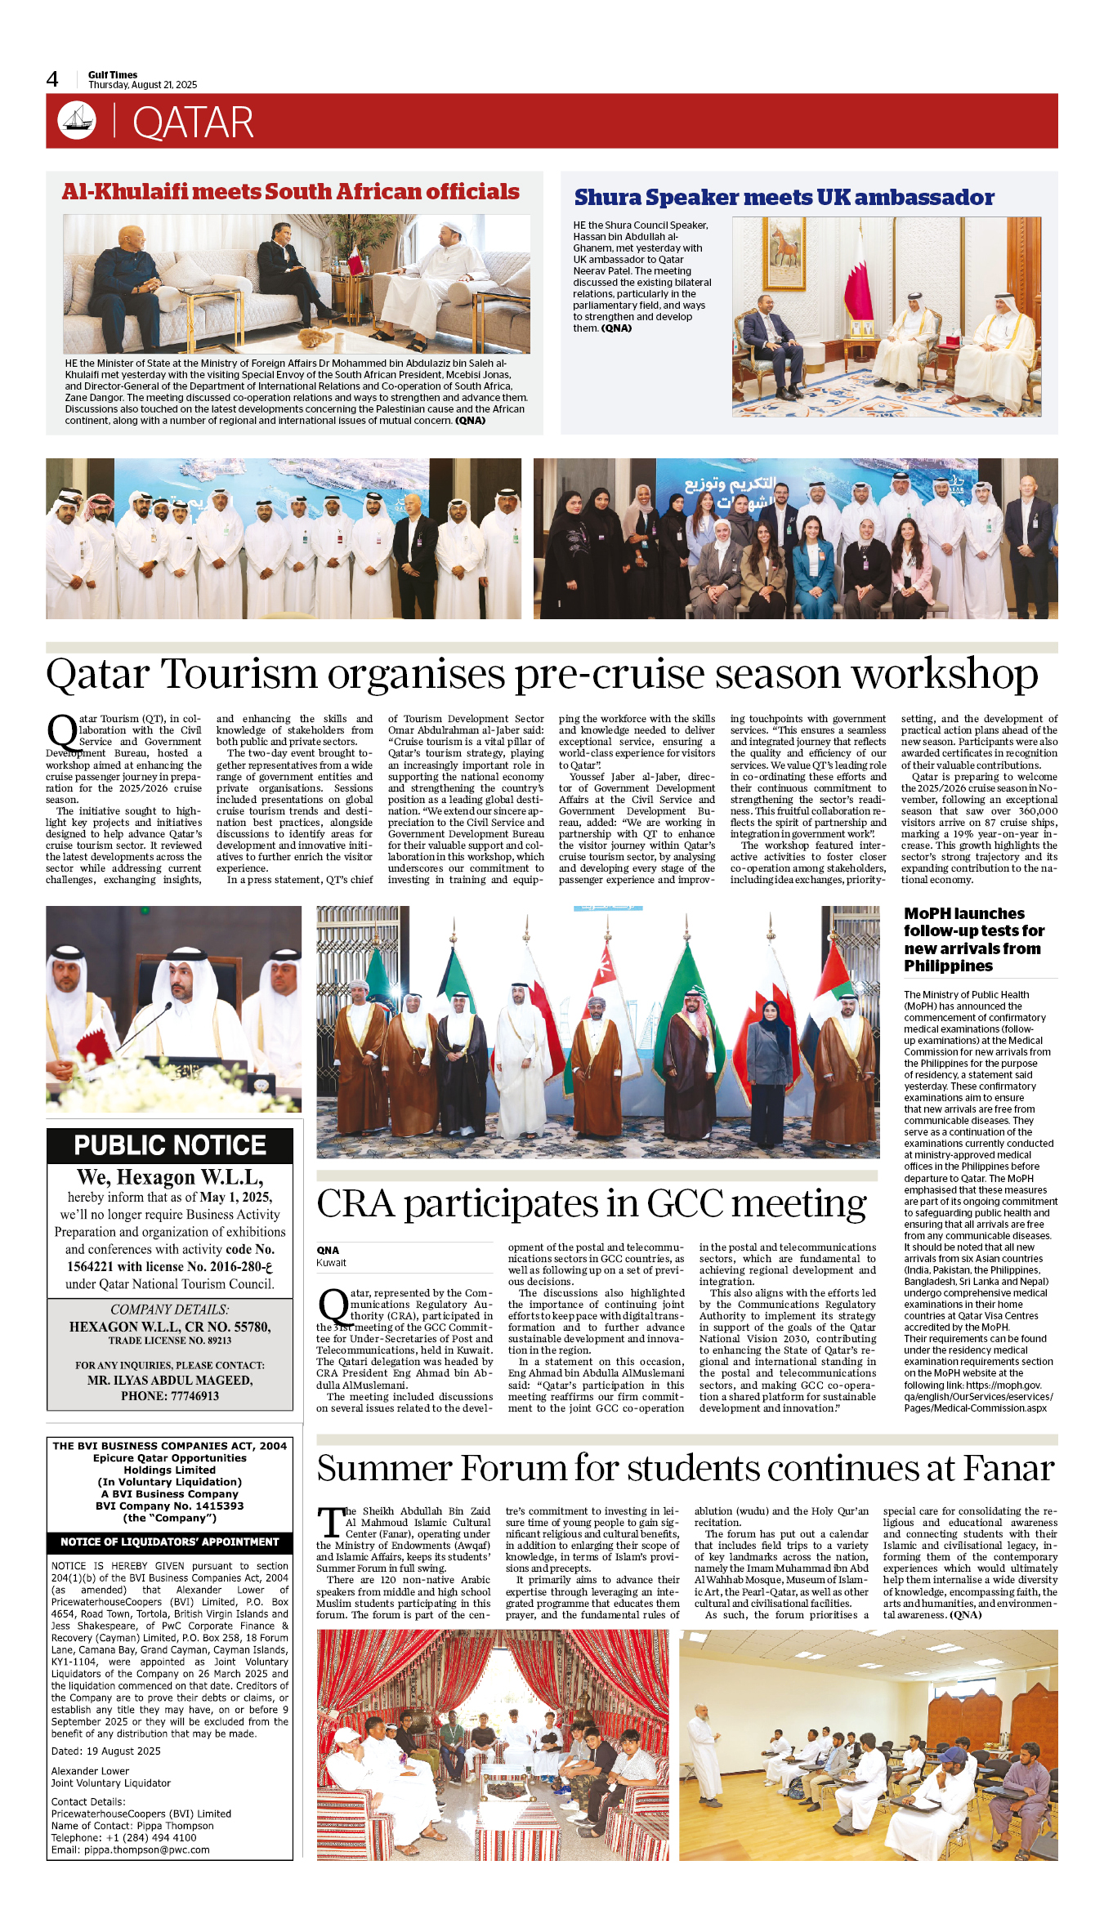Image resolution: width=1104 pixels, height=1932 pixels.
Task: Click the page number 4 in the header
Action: [x=52, y=79]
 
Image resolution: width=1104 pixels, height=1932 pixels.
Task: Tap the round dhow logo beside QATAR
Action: [x=77, y=120]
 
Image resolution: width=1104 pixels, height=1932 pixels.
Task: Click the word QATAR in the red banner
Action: [x=193, y=123]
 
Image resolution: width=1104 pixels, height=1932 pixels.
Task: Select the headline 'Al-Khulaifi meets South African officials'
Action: [x=291, y=192]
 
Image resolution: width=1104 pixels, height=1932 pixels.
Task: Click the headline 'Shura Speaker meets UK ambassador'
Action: [x=784, y=198]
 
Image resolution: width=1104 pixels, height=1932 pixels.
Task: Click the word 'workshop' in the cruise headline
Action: [x=944, y=675]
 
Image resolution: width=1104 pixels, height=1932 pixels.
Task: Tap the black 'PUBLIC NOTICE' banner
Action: [x=170, y=1145]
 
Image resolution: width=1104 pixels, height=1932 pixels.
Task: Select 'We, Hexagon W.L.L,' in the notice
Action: [x=170, y=1177]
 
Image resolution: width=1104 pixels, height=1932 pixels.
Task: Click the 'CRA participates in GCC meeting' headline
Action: [x=592, y=1204]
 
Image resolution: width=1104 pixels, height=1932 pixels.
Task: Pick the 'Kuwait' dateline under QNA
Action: [x=331, y=1263]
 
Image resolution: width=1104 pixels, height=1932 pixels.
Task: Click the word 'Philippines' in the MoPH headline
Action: [x=948, y=966]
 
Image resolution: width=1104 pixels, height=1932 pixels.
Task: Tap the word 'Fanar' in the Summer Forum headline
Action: [x=1008, y=1469]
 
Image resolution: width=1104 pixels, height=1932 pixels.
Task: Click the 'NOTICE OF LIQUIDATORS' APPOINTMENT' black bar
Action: [x=170, y=1542]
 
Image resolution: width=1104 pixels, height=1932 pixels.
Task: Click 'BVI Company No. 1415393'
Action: [x=170, y=1506]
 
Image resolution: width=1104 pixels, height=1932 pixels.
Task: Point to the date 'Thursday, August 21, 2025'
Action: [x=143, y=85]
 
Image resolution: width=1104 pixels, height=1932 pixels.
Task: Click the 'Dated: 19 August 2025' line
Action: [x=106, y=1751]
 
